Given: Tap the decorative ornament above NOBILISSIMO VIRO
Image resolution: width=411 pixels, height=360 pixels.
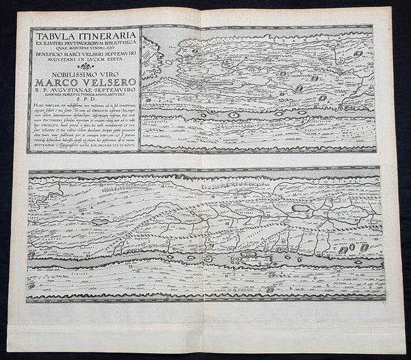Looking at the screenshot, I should click(x=84, y=73).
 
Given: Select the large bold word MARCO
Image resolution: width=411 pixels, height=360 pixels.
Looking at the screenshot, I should click(x=60, y=90).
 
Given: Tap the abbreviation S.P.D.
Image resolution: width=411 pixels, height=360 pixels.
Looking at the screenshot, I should click(x=84, y=110).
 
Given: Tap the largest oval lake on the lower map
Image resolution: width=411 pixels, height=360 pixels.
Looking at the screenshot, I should click(x=301, y=207).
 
